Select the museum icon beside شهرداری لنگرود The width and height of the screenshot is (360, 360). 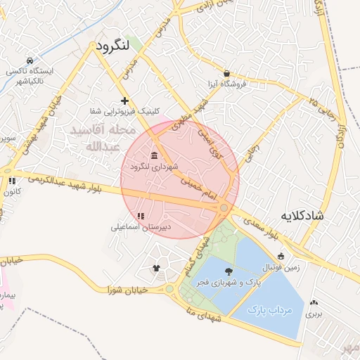[x=154, y=155]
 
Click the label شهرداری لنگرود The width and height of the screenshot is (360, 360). [x=154, y=167]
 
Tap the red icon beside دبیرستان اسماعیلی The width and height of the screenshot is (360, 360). [x=141, y=217]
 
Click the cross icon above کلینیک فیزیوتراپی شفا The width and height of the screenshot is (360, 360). [x=125, y=101]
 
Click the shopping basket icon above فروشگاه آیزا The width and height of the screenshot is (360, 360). [x=226, y=73]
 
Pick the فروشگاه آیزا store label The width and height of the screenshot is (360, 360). [x=226, y=84]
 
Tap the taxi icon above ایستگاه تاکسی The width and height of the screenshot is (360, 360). [x=29, y=60]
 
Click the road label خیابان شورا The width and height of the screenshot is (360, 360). [x=127, y=290]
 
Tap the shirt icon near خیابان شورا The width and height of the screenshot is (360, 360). [x=156, y=268]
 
